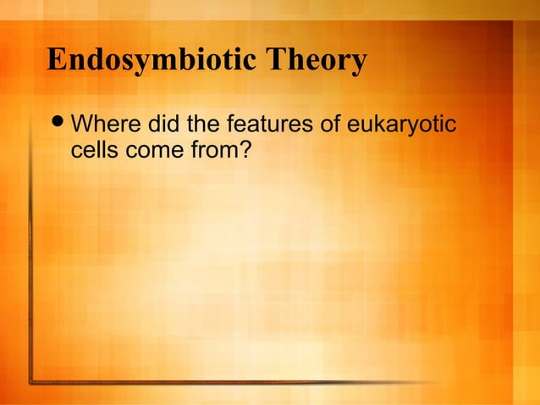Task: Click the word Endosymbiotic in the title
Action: (x=152, y=62)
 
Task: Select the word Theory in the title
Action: (x=317, y=62)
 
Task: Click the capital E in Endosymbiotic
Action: (x=57, y=62)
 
